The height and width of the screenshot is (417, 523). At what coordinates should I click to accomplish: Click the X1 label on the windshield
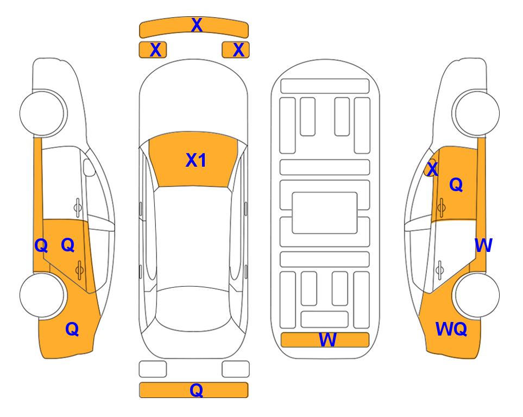(196, 160)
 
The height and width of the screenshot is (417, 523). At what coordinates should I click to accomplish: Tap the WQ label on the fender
(451, 329)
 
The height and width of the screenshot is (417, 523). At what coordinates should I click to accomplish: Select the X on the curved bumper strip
(197, 25)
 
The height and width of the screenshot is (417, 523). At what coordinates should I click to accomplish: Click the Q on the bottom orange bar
(196, 390)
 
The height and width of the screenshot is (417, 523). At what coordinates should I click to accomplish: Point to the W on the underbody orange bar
(327, 340)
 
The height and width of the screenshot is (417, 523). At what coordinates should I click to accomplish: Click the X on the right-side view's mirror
(432, 169)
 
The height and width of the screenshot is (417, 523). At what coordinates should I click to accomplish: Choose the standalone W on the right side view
(483, 245)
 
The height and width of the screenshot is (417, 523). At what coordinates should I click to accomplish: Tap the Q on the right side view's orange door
(456, 185)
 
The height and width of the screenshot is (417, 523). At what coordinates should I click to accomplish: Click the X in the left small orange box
(155, 50)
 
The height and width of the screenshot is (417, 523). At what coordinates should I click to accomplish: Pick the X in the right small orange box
(238, 50)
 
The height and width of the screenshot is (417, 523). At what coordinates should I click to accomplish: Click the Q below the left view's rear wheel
(72, 329)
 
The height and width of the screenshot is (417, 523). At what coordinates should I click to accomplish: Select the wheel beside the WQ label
(477, 295)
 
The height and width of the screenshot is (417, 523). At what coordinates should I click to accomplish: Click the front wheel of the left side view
(42, 113)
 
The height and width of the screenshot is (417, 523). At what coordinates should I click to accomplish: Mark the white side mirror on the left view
(89, 167)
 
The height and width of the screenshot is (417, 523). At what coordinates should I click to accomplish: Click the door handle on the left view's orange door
(79, 269)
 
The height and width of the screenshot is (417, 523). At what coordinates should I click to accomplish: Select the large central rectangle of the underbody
(325, 213)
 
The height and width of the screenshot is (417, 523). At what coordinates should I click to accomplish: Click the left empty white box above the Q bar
(153, 369)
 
